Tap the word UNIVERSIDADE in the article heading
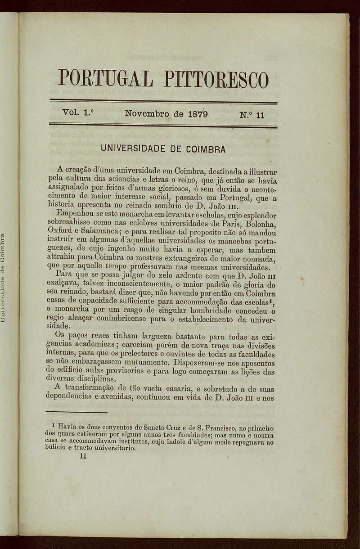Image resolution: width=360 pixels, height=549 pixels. click(x=134, y=148)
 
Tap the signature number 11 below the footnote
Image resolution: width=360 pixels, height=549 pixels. click(x=82, y=455)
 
